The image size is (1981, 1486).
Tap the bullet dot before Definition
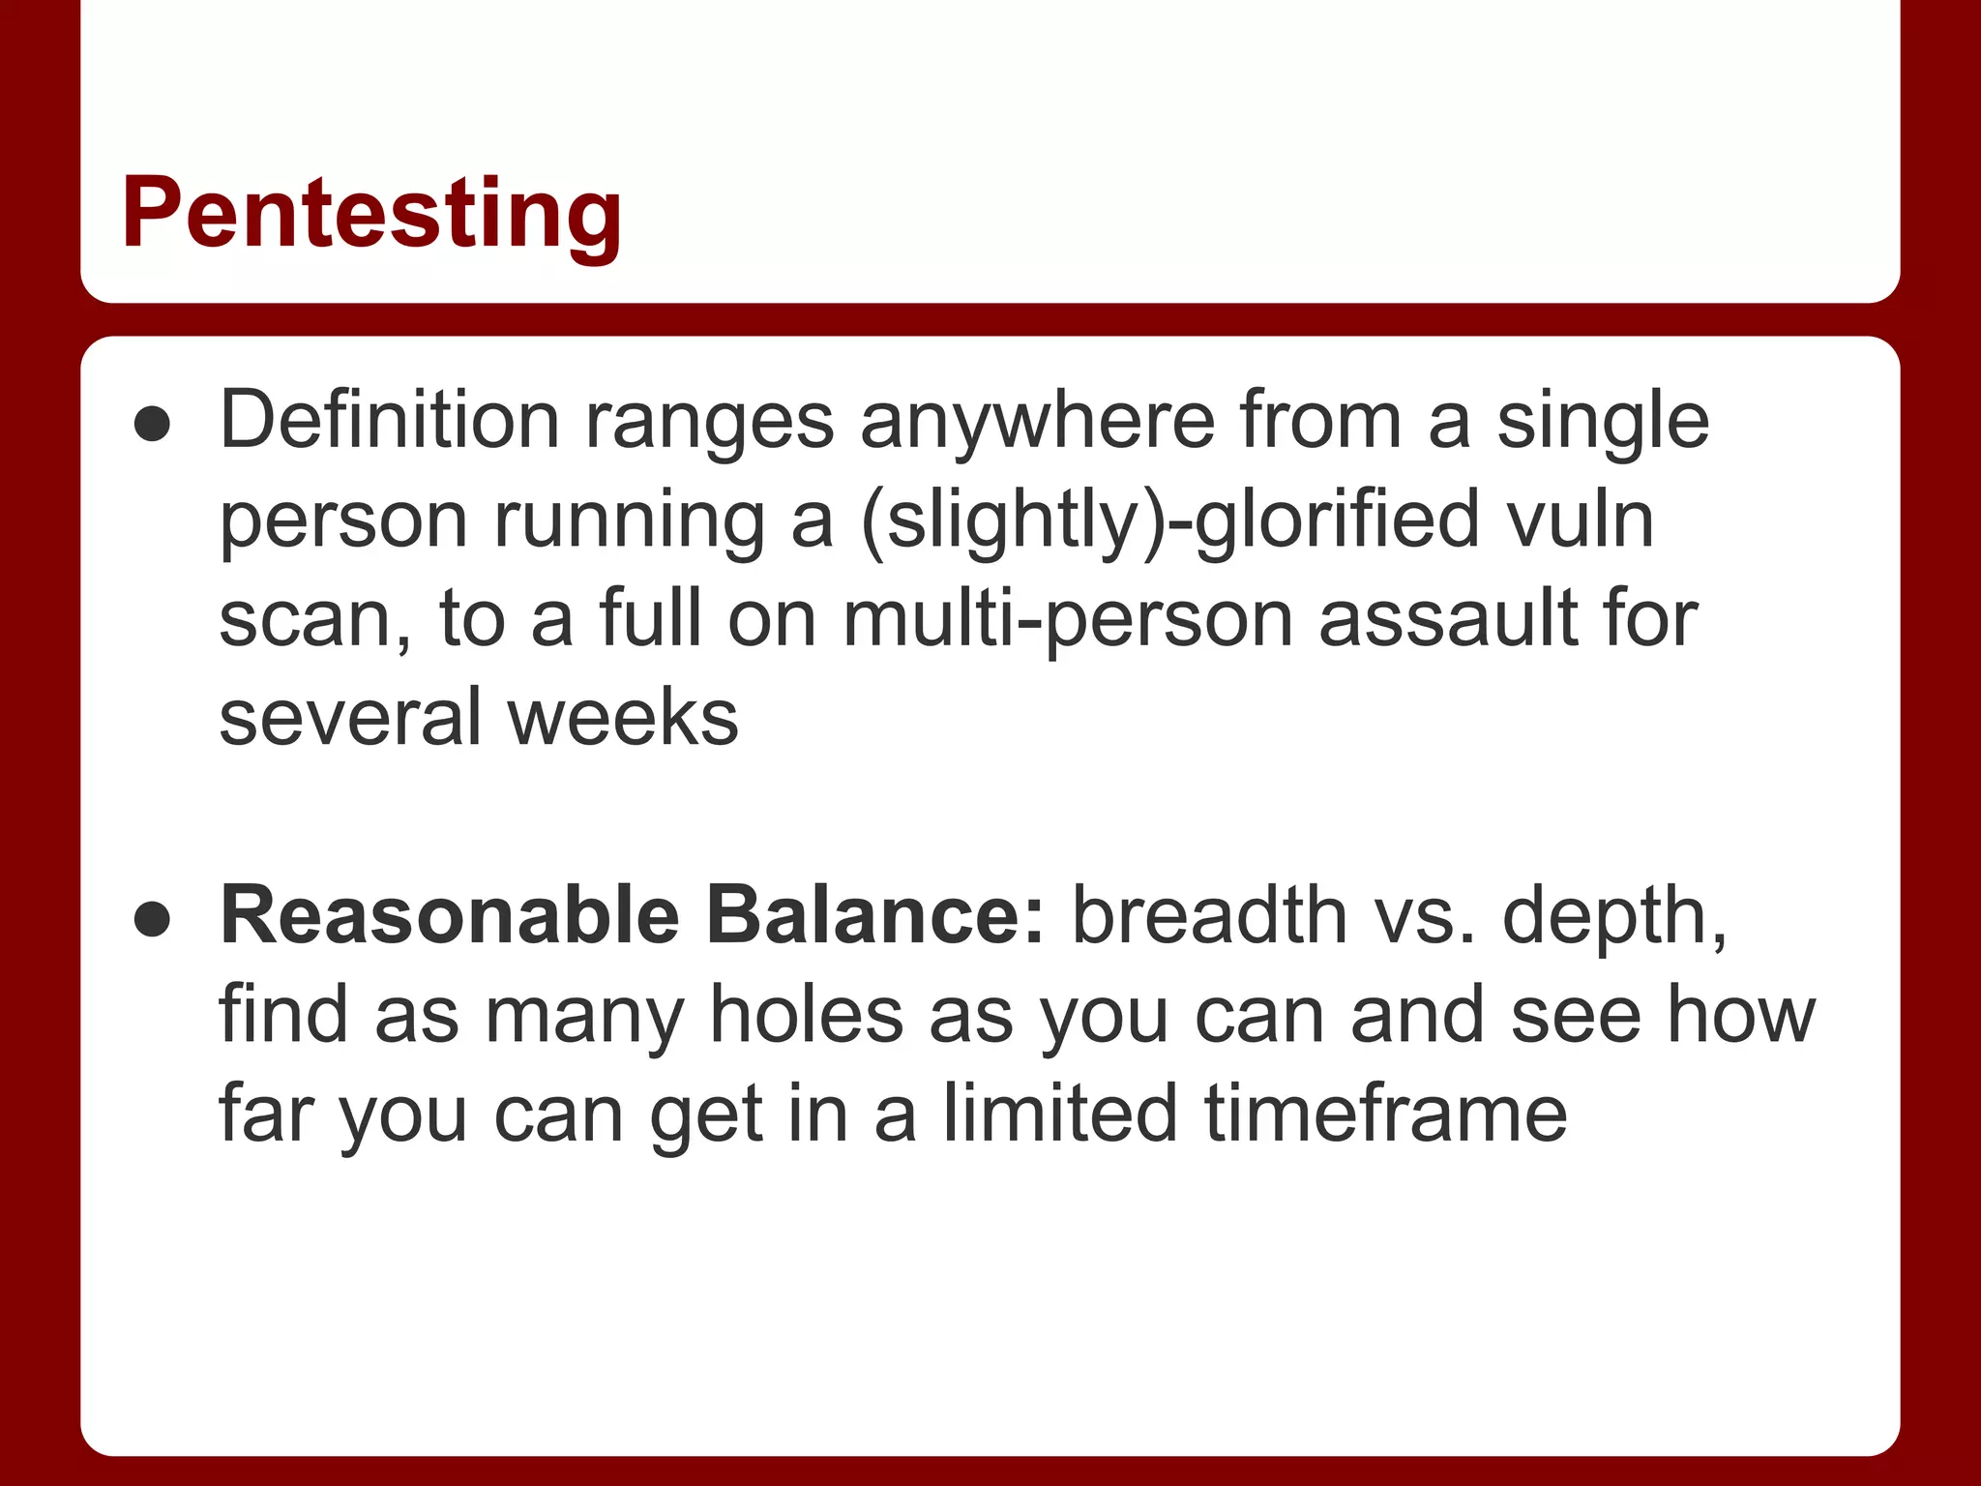click(x=153, y=425)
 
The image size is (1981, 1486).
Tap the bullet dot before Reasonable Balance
click(x=153, y=920)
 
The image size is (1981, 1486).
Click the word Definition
click(x=389, y=420)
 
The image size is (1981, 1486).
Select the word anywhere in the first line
click(x=1037, y=422)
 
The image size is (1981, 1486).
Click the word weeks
click(x=623, y=718)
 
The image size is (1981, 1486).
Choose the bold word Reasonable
click(x=450, y=915)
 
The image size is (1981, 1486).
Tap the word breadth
click(x=1209, y=915)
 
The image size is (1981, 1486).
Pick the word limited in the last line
click(x=1060, y=1114)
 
